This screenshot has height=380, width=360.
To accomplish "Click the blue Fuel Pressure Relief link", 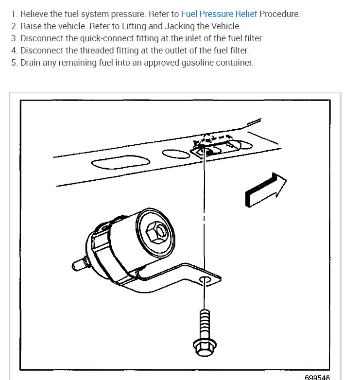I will [219, 14].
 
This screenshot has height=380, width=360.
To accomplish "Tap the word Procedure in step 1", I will [280, 14].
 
